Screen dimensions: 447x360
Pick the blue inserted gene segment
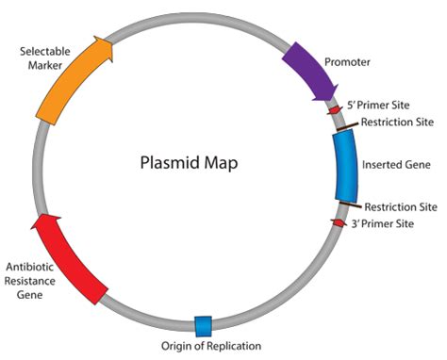[346, 166]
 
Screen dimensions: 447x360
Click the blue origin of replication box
[203, 326]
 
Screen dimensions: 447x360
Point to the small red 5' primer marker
[335, 110]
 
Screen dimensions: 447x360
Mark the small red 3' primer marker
[339, 222]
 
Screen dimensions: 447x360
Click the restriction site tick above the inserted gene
[347, 126]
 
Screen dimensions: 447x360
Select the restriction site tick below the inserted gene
[351, 205]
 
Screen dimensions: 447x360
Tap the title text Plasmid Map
[189, 163]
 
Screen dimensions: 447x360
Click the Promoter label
[347, 62]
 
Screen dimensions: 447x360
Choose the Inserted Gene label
[396, 165]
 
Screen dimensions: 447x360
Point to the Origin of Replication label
[211, 346]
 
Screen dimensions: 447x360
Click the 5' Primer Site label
[378, 105]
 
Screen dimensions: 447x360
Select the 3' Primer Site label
[382, 223]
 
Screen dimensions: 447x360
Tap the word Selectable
[45, 51]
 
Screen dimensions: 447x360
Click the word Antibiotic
[30, 267]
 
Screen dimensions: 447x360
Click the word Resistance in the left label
[30, 281]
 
